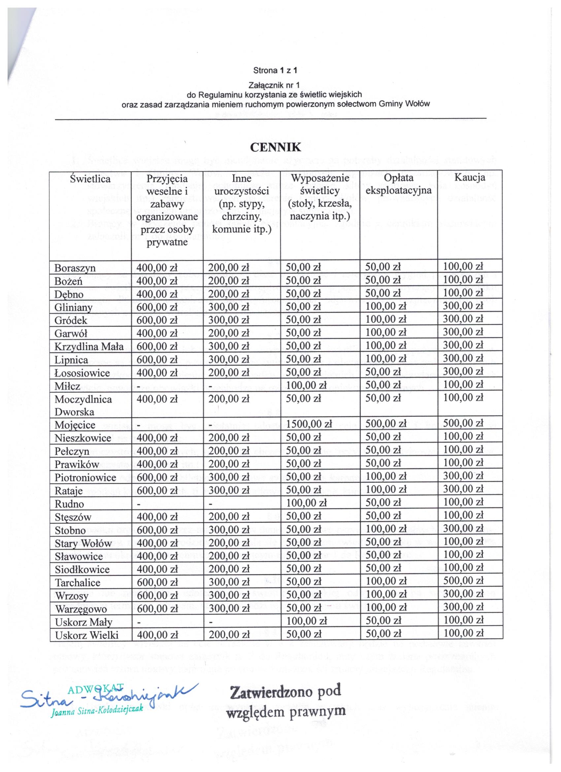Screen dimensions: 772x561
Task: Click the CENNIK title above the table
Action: pyautogui.click(x=276, y=147)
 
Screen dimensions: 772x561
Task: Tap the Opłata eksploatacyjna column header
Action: pyautogui.click(x=398, y=184)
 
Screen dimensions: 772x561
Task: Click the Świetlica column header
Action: pyautogui.click(x=90, y=179)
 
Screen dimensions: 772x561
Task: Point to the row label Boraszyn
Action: pyautogui.click(x=75, y=268)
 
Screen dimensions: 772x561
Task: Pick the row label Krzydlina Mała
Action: pyautogui.click(x=89, y=346)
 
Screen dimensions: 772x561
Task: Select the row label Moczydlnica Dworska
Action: pyautogui.click(x=83, y=405)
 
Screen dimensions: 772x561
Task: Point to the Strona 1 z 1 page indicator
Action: pyautogui.click(x=275, y=70)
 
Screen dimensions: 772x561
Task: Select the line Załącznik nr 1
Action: pyautogui.click(x=275, y=84)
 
